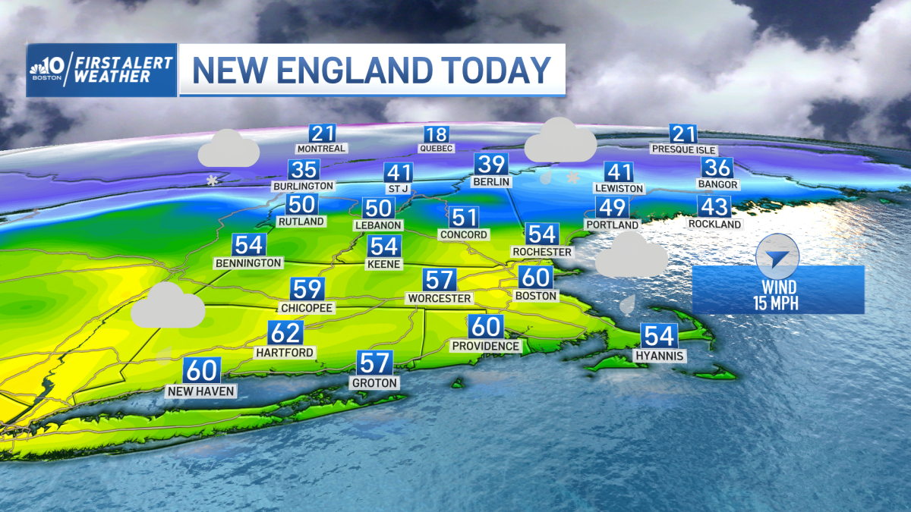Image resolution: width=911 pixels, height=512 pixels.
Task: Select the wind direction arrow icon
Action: coord(777,256)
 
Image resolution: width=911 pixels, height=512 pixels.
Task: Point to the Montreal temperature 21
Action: coord(322,134)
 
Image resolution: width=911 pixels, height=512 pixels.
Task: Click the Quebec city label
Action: coord(436,149)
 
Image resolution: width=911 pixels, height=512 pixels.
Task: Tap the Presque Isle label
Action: coord(683,149)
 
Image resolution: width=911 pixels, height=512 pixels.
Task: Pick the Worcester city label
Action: coord(439,298)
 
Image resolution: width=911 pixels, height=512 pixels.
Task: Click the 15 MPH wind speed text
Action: coord(778,304)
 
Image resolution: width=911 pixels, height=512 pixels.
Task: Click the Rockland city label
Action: coord(714,225)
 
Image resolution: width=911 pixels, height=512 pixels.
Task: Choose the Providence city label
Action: coord(486,346)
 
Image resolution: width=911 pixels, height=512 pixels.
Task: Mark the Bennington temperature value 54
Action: coord(249,245)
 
